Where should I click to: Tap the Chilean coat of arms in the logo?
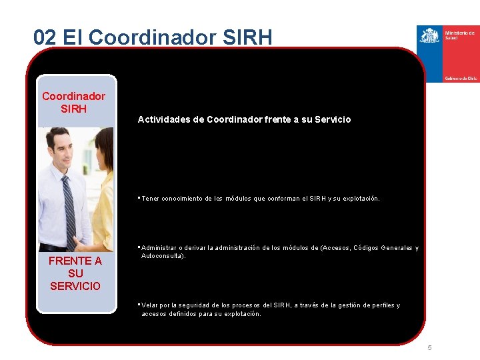[x=430, y=35]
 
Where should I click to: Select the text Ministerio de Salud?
[x=459, y=35]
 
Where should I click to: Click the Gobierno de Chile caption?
[x=461, y=78]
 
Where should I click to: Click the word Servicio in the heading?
[x=331, y=120]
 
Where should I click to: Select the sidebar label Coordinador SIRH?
[x=74, y=102]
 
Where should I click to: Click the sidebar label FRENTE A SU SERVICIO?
[x=75, y=273]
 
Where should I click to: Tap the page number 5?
[x=430, y=348]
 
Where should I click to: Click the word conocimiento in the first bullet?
[x=182, y=199]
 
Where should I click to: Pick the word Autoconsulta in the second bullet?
[x=162, y=256]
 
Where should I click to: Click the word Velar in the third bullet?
[x=150, y=305]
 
